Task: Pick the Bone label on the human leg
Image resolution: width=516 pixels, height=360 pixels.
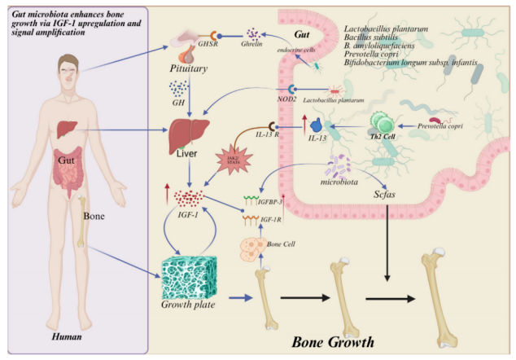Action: pos(95,217)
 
